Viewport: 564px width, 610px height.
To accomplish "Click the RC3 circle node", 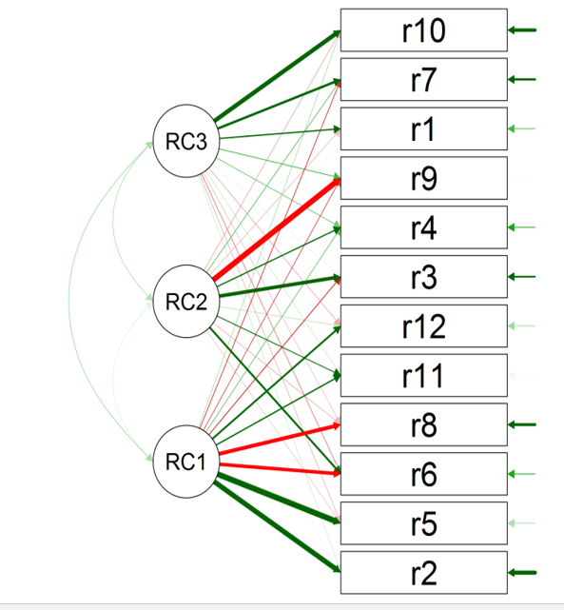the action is [186, 141].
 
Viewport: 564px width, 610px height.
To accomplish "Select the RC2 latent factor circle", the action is [186, 301].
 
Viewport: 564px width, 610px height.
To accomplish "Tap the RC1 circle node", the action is [186, 462].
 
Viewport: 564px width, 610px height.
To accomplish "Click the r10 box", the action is [423, 30].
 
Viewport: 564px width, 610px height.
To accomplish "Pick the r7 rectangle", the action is [423, 79].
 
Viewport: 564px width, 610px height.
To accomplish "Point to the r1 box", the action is [423, 128].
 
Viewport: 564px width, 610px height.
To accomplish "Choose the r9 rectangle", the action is [423, 178].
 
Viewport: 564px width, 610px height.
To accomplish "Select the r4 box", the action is [423, 227].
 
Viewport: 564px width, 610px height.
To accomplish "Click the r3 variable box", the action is [423, 277].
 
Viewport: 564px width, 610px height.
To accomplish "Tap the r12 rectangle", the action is [423, 326].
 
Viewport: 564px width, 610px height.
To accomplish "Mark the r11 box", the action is [423, 375].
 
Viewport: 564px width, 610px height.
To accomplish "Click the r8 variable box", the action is [423, 424].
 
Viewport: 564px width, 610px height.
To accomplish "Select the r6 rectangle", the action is [423, 474].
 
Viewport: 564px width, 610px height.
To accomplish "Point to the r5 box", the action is [423, 523].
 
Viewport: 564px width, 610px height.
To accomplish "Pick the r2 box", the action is [423, 573].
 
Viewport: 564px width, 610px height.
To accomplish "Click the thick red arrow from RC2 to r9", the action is [277, 229].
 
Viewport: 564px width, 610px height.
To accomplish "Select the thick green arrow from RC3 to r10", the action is [278, 76].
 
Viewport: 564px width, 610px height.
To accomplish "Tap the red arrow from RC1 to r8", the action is [280, 439].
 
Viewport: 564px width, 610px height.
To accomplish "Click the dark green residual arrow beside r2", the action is [522, 573].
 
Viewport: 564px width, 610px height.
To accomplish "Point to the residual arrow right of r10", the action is [522, 30].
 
